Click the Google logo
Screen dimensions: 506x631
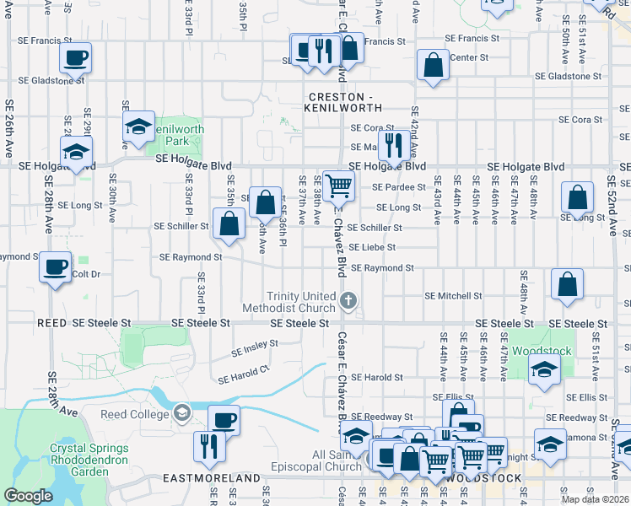(28, 496)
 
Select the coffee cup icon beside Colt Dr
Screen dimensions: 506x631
(55, 267)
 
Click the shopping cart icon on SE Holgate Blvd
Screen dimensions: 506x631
(337, 184)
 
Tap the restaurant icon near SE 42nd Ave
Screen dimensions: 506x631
(392, 144)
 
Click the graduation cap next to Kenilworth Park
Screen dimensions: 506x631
(138, 126)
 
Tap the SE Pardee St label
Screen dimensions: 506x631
(398, 186)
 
